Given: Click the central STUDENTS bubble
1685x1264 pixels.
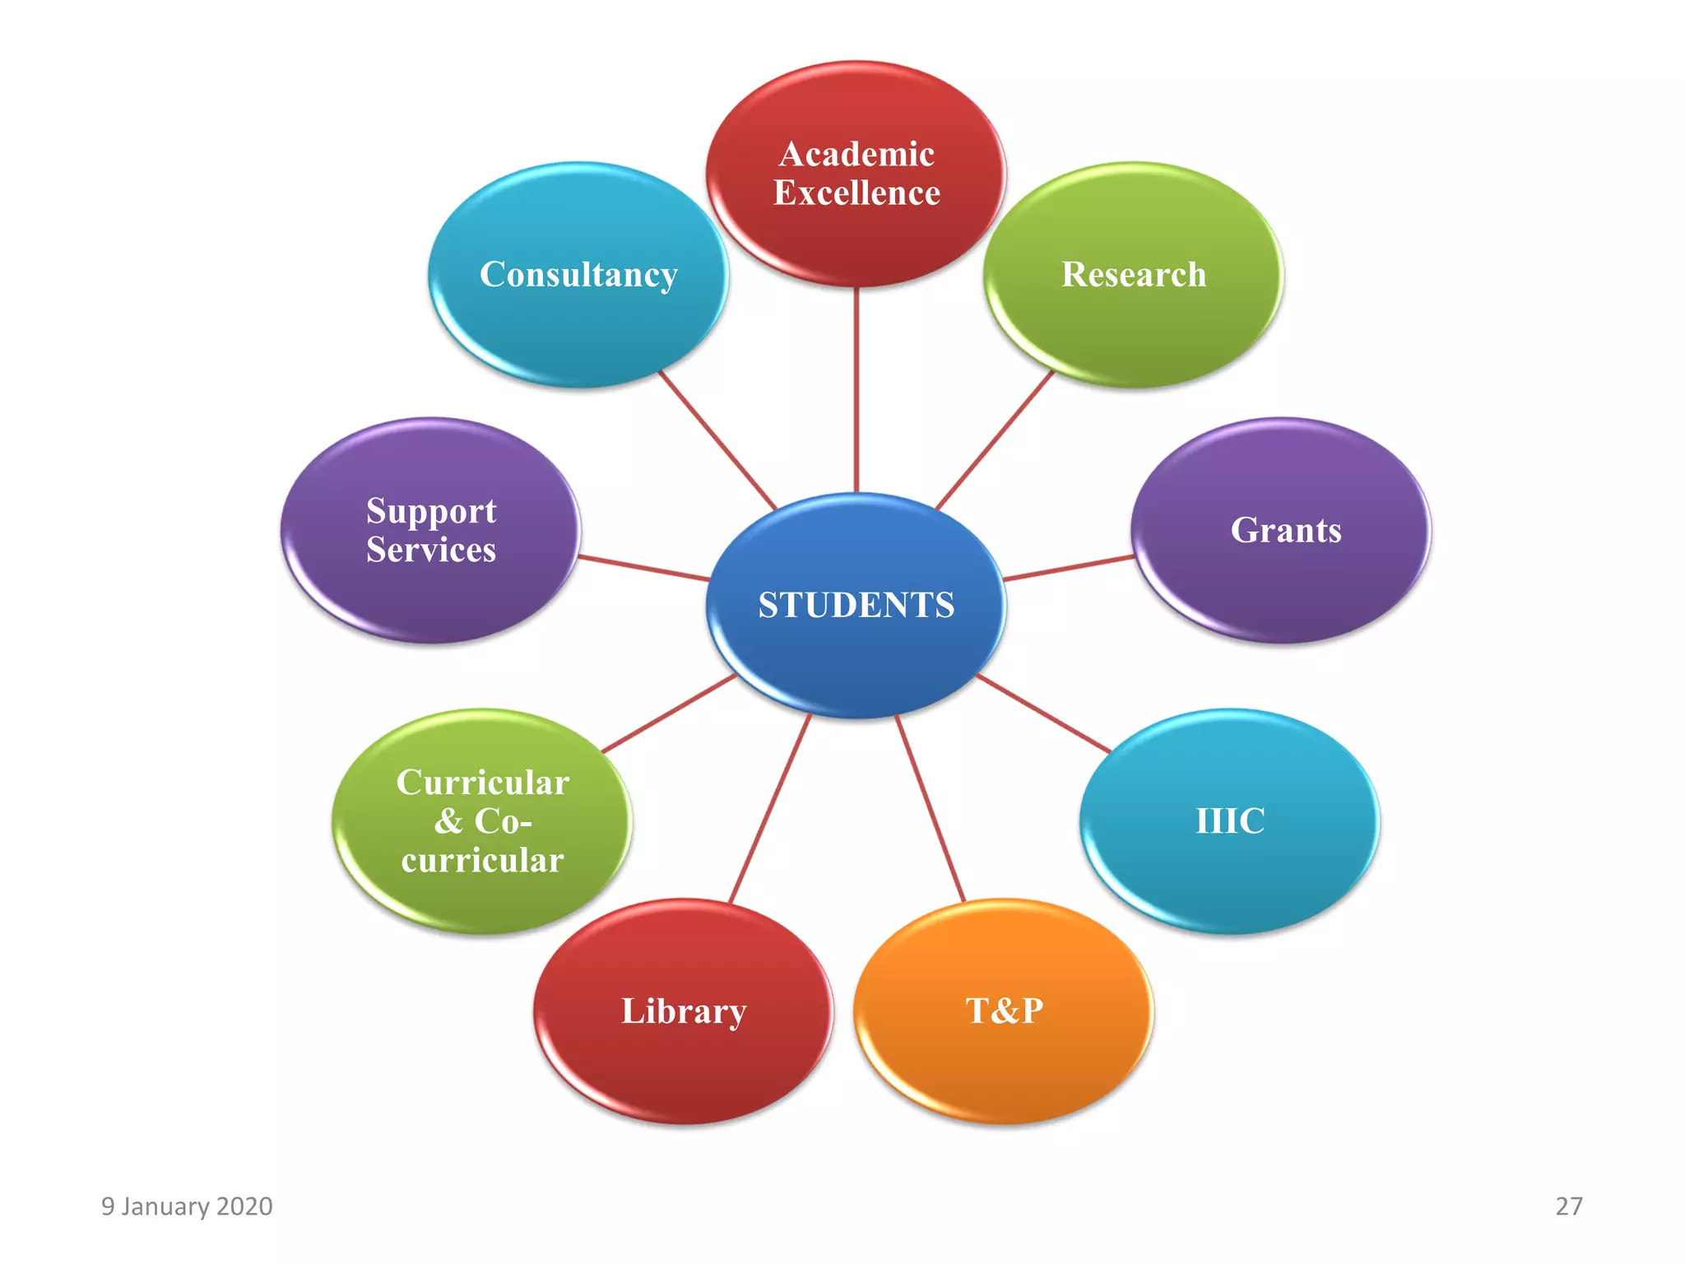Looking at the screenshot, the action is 856,606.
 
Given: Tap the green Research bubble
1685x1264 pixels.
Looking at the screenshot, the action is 1134,275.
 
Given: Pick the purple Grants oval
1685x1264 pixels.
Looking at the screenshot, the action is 1282,531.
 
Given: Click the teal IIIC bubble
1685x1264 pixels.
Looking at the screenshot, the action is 1230,821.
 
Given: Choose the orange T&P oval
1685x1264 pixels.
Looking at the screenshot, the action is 1004,1011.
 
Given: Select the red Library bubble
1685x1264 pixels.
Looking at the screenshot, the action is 683,1011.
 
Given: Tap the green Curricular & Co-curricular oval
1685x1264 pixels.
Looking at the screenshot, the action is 482,821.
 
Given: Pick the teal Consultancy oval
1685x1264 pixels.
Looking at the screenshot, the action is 578,275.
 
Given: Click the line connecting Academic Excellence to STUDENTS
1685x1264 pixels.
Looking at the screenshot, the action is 856,391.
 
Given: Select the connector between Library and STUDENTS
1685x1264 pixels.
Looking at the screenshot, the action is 770,808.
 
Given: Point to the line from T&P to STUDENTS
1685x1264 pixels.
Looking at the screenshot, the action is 930,808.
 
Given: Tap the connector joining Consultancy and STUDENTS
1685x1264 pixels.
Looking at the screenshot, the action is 717,439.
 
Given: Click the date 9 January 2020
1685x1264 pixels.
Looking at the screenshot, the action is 187,1206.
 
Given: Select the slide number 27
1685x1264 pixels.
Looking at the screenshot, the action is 1568,1206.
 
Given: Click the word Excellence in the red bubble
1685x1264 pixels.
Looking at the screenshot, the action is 856,193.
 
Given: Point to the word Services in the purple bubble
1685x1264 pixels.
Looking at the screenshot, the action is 431,550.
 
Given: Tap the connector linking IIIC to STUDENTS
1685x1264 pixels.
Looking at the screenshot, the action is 1043,713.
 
